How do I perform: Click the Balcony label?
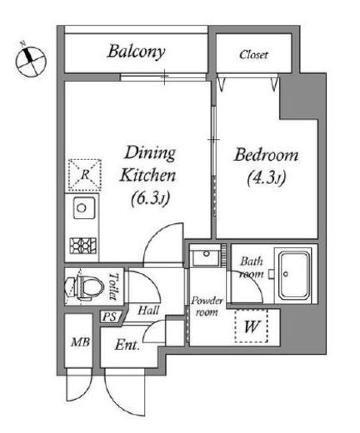pyautogui.click(x=136, y=52)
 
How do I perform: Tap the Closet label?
pyautogui.click(x=253, y=55)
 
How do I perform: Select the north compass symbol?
pyautogui.click(x=30, y=61)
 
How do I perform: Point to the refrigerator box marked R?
pyautogui.click(x=85, y=175)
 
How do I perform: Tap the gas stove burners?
pyautogui.click(x=83, y=246)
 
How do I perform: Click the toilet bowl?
pyautogui.click(x=82, y=287)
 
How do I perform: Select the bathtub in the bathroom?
pyautogui.click(x=294, y=275)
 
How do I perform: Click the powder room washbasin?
pyautogui.click(x=206, y=256)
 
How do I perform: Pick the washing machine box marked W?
pyautogui.click(x=252, y=326)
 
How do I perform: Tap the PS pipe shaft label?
pyautogui.click(x=109, y=317)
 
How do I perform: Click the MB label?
pyautogui.click(x=80, y=342)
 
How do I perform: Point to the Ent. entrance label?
pyautogui.click(x=127, y=345)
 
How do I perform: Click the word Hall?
pyautogui.click(x=148, y=310)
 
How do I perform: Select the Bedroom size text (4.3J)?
pyautogui.click(x=267, y=178)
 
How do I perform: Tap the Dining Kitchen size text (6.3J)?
pyautogui.click(x=150, y=198)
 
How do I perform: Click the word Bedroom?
pyautogui.click(x=267, y=155)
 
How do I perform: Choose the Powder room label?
pyautogui.click(x=207, y=306)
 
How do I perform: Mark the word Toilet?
pyautogui.click(x=113, y=286)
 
